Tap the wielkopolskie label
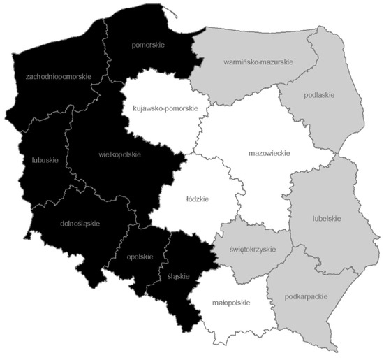tap(115, 154)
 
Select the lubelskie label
tap(325, 219)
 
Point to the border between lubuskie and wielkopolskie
tap(64, 150)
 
